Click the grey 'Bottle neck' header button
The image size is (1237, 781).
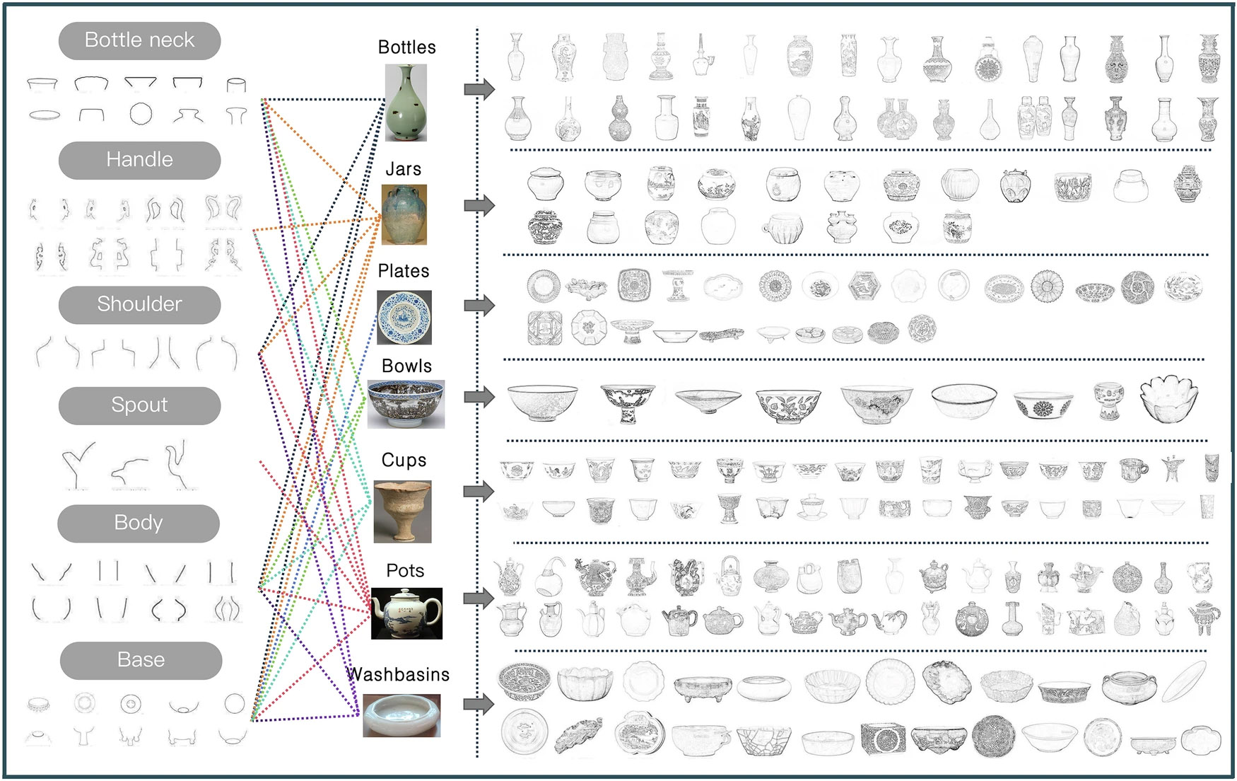point(139,40)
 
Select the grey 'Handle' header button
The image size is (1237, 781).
point(139,160)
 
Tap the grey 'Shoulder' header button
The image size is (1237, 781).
point(139,304)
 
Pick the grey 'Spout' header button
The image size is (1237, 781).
point(139,405)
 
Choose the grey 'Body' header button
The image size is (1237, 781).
point(139,523)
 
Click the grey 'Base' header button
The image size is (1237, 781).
point(141,661)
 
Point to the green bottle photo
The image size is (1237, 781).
point(406,103)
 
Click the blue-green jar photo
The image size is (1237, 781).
point(404,214)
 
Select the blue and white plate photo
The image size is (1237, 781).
point(404,318)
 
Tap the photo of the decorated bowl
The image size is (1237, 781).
point(406,404)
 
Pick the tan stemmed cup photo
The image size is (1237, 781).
point(402,512)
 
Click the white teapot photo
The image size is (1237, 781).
point(406,613)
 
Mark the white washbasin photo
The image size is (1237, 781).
point(401,715)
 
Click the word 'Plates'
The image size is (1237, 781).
point(404,271)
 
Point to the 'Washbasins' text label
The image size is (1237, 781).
point(399,674)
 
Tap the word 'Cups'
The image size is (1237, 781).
point(404,460)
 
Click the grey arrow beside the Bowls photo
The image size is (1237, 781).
point(479,396)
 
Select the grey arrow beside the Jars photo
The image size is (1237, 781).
point(479,205)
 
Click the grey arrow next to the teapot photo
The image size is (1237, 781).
point(479,598)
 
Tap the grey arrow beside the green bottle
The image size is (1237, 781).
point(479,88)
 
